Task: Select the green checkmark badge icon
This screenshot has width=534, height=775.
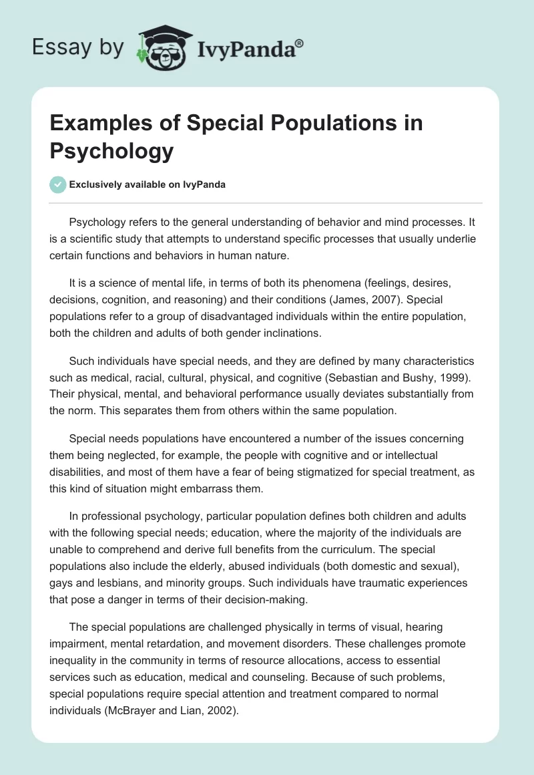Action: (x=58, y=184)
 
